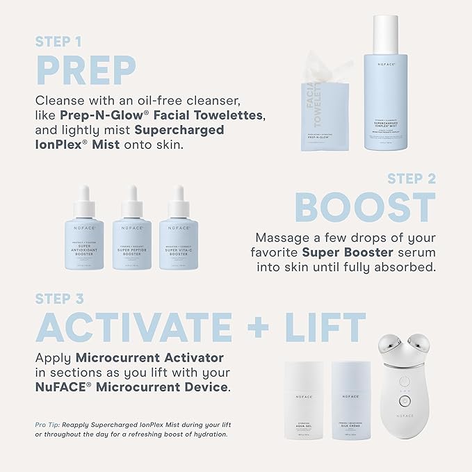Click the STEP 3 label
tap(63, 300)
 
